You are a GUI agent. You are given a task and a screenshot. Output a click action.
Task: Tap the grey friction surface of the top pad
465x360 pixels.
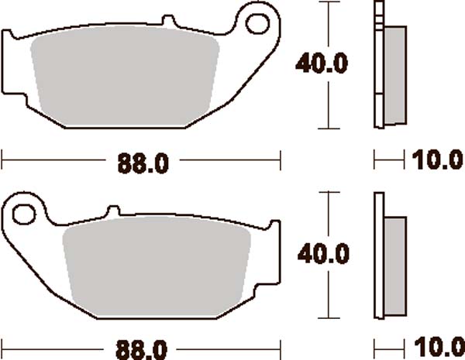pyautogui.click(x=124, y=77)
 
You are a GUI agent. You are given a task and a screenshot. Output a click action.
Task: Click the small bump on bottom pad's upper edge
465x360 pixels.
pyautogui.click(x=112, y=210)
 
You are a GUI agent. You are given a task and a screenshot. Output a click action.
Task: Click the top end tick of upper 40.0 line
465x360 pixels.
pyautogui.click(x=332, y=2)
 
